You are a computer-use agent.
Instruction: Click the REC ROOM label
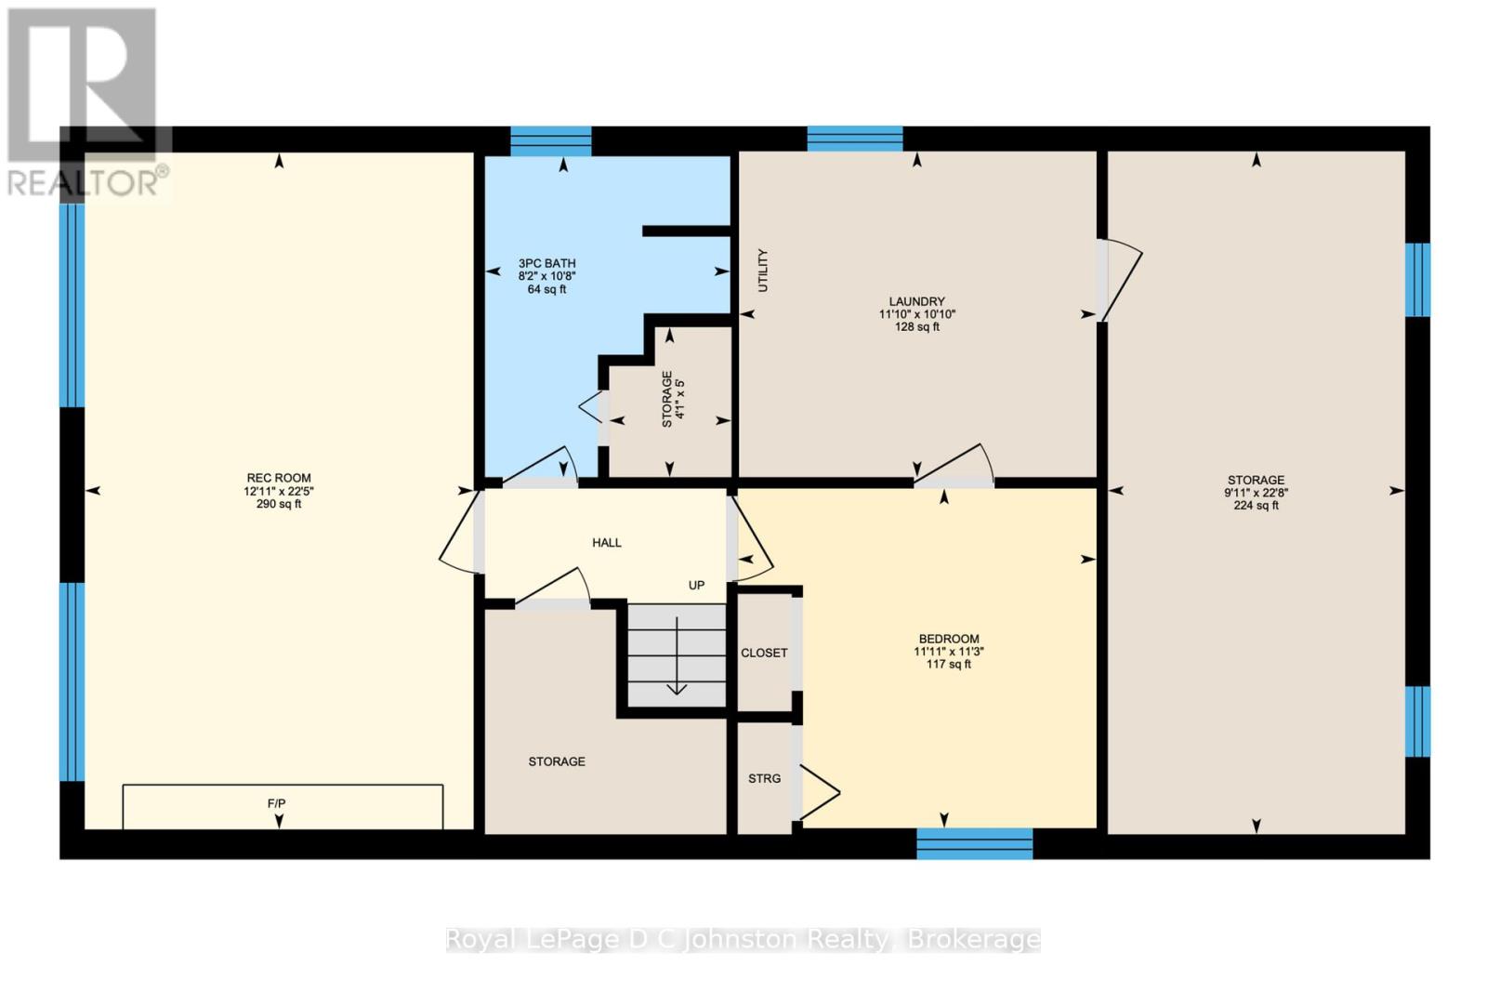tap(279, 478)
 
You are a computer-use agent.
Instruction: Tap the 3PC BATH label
tap(546, 263)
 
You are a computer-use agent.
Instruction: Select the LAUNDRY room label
tap(916, 301)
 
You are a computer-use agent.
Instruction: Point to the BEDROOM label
tap(949, 639)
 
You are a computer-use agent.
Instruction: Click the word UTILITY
tap(763, 271)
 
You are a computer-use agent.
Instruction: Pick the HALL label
tap(607, 543)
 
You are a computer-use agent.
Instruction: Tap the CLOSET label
tap(764, 654)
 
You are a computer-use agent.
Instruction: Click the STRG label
tap(764, 778)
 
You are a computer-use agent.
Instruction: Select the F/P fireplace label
tap(277, 803)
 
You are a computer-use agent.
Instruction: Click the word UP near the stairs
tap(696, 586)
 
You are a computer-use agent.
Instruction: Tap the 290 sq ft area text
tap(279, 505)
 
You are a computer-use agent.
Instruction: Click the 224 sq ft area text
tap(1256, 506)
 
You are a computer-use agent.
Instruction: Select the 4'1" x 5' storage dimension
tap(680, 399)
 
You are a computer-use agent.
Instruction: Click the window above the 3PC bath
tap(551, 141)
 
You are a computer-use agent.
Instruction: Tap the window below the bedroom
tap(974, 843)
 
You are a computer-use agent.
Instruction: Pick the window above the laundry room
tap(854, 139)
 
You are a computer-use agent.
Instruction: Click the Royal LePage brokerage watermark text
tap(743, 940)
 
